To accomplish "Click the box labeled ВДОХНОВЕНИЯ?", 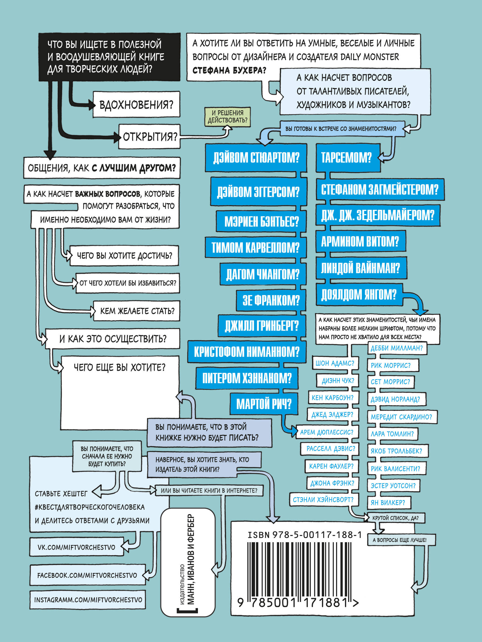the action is point(136,104).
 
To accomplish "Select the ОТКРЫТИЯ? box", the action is point(149,137).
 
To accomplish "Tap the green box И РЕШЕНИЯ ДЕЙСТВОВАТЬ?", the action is point(228,117).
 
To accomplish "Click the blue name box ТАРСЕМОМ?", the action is point(348,158).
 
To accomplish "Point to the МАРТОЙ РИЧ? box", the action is point(264,404).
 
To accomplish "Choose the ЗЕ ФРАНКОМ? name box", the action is point(271,300).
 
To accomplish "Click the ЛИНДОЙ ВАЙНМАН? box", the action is point(361,268).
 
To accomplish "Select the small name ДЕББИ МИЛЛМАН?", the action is point(397,348).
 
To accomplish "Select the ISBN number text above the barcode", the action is point(305,535).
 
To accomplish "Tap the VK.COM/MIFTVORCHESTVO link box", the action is point(77,547).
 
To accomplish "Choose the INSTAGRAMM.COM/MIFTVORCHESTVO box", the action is point(88,600).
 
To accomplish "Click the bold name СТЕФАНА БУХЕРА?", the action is point(229,70).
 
